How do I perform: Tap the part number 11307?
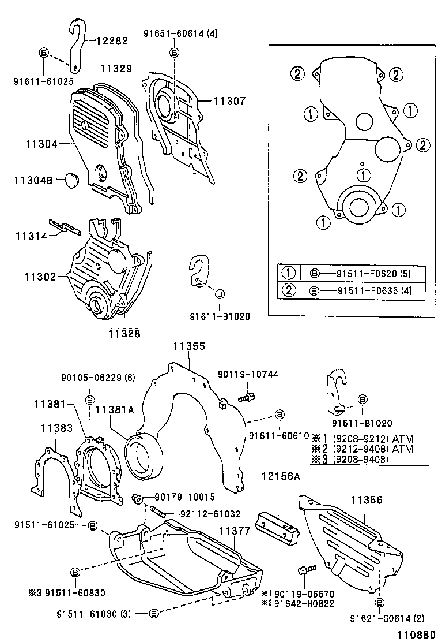(230, 101)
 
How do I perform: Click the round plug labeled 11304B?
(73, 180)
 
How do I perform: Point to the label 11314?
(29, 236)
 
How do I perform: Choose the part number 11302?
(40, 277)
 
